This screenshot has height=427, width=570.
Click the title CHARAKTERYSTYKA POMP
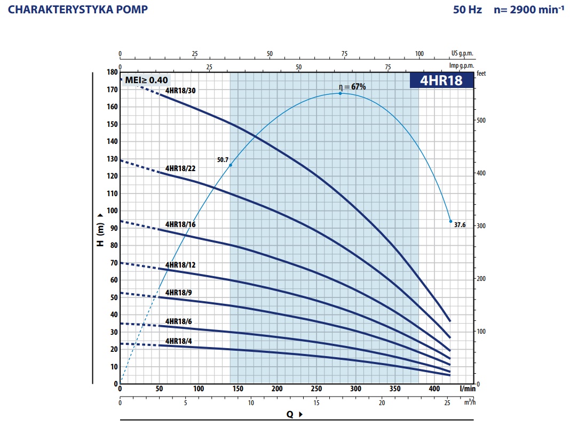click(x=78, y=10)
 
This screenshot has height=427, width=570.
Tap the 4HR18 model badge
click(x=441, y=80)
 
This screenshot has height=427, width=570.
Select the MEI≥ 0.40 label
click(x=146, y=80)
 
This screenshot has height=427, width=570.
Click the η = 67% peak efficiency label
click(x=352, y=86)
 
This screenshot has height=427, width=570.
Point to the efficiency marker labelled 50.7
click(x=231, y=165)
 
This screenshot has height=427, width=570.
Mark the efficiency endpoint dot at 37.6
click(x=450, y=221)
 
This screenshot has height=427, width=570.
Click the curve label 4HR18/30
click(x=180, y=91)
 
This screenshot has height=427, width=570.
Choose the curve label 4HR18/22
click(x=180, y=168)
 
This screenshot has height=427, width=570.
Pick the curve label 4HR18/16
click(x=180, y=224)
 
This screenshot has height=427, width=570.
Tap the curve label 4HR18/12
click(x=180, y=265)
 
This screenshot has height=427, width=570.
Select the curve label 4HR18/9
click(x=179, y=293)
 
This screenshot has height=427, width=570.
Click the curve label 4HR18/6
click(x=179, y=321)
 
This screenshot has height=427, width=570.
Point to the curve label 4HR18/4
click(x=179, y=341)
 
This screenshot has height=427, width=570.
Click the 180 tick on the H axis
click(x=112, y=72)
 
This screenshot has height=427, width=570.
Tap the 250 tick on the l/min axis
click(x=316, y=389)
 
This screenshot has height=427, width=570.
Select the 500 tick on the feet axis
click(x=481, y=120)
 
